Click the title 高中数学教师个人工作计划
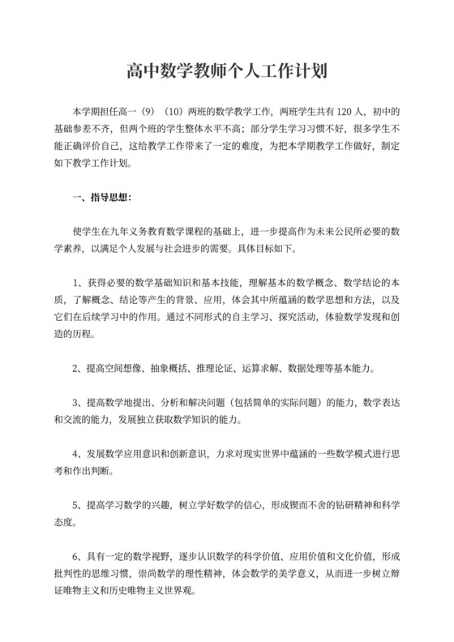point(226,71)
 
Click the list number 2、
point(78,367)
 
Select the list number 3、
point(78,402)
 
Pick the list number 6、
point(78,557)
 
